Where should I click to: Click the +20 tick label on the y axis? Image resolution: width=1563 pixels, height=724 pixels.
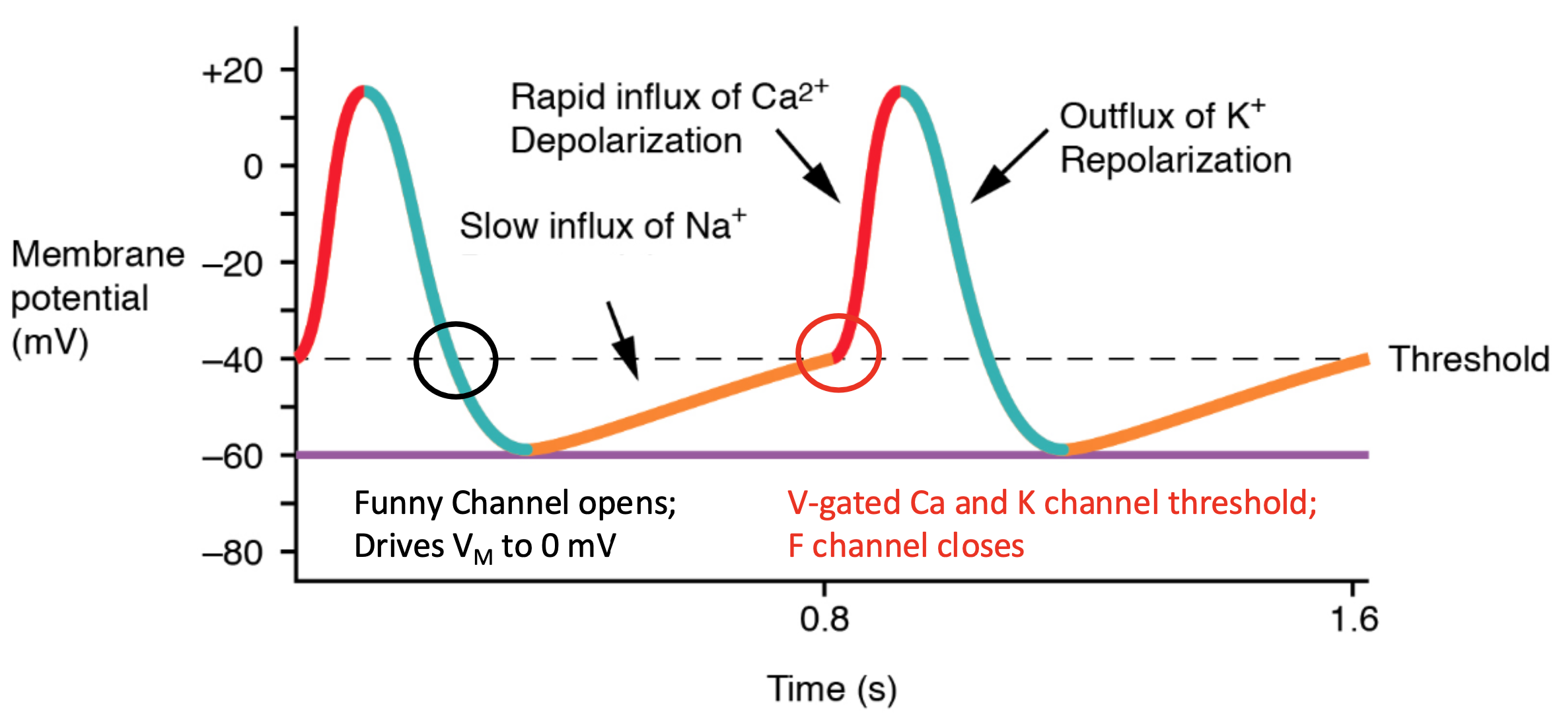tap(233, 71)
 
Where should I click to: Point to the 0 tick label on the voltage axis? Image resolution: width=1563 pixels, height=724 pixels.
tap(253, 167)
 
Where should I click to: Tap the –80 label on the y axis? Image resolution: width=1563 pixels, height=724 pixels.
tap(233, 552)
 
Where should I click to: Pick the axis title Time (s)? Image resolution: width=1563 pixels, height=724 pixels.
tap(832, 689)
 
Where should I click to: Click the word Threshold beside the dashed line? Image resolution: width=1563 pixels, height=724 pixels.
tap(1469, 359)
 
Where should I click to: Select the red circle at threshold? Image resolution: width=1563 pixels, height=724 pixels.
tap(838, 317)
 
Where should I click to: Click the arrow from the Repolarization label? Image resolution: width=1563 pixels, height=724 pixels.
tap(1009, 166)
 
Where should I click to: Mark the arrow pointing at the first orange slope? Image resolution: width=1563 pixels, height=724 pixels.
tap(623, 340)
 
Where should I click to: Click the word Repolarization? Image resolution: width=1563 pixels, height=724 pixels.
tap(1175, 161)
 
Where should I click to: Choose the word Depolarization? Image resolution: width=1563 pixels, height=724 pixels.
tap(626, 141)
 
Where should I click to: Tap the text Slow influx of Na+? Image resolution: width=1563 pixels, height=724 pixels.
tap(602, 226)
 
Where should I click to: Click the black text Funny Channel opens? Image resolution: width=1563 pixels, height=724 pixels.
tap(515, 503)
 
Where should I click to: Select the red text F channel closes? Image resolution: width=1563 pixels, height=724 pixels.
tap(906, 546)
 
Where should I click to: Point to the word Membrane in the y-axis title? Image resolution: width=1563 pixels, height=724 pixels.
tap(98, 254)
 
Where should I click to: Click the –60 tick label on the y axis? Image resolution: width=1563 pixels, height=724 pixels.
tap(233, 456)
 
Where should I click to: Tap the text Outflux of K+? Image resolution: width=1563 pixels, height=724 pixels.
tap(1162, 116)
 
